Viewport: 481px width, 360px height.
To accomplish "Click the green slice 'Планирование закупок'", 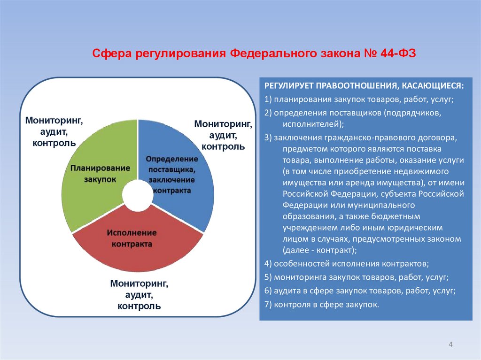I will [94, 174].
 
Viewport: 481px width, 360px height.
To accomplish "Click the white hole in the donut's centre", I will [138, 196].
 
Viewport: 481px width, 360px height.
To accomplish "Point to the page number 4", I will [450, 345].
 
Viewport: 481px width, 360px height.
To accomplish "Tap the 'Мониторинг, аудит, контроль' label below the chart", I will [140, 295].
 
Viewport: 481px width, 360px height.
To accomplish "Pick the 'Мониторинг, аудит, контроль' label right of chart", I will [223, 135].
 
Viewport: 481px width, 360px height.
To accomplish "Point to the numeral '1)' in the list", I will [268, 100].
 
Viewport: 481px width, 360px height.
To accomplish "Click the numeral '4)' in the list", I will [268, 263].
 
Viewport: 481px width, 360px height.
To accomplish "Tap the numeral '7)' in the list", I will [268, 305].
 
